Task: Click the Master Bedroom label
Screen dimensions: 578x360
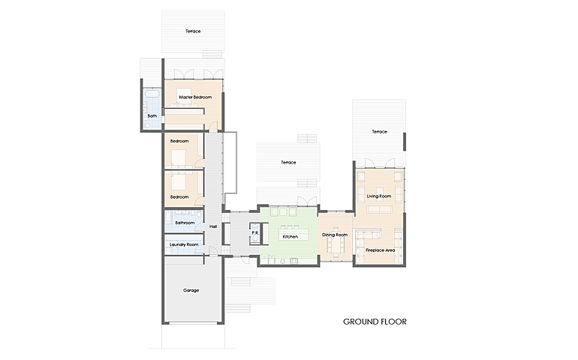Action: click(195, 97)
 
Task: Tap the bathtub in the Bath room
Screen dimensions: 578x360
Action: click(152, 93)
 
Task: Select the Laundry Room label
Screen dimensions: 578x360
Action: click(184, 244)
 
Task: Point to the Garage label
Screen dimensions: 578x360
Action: click(191, 290)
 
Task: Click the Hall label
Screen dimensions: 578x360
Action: click(213, 226)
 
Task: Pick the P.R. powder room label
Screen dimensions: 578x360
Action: click(255, 233)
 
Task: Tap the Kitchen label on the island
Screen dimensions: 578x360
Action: click(290, 236)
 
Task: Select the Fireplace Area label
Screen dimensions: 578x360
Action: click(380, 250)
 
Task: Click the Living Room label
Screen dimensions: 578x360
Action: click(379, 196)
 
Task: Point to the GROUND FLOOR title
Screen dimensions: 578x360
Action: click(375, 322)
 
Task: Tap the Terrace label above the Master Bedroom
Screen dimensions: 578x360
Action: click(193, 31)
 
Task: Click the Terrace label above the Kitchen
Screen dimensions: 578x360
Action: click(288, 163)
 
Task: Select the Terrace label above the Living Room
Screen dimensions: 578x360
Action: click(379, 131)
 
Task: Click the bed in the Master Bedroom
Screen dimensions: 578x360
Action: click(183, 97)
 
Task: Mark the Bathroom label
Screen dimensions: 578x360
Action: click(185, 223)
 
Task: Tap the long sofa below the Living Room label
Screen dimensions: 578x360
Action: click(379, 210)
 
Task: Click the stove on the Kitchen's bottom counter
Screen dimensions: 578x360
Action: click(294, 261)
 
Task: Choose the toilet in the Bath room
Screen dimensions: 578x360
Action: click(146, 126)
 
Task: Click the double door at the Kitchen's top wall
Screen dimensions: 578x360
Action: click(308, 202)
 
